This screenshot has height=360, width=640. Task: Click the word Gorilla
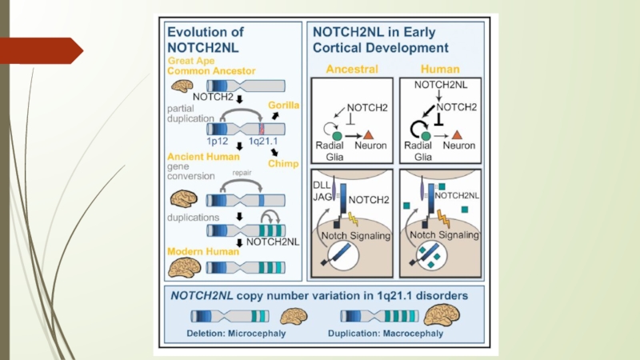click(284, 105)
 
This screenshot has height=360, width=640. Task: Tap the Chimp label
click(285, 163)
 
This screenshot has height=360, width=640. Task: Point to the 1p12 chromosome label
click(219, 141)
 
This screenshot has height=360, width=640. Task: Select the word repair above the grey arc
click(243, 171)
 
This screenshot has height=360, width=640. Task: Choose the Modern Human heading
click(202, 251)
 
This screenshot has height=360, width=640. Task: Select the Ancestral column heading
click(352, 69)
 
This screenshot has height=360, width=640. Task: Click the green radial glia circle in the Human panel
click(426, 136)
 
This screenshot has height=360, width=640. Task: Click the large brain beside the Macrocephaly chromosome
click(441, 314)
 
